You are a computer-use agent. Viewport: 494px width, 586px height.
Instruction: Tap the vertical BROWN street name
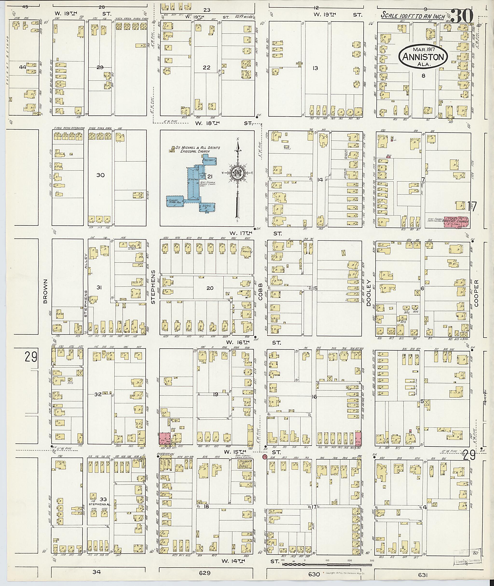(46, 291)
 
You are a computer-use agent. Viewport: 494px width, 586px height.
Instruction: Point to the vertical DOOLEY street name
(369, 293)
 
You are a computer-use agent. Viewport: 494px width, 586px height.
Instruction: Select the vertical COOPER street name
(476, 293)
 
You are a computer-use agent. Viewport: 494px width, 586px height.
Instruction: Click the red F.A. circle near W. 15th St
(264, 457)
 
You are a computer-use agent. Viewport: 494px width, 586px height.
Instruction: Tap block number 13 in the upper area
(315, 68)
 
